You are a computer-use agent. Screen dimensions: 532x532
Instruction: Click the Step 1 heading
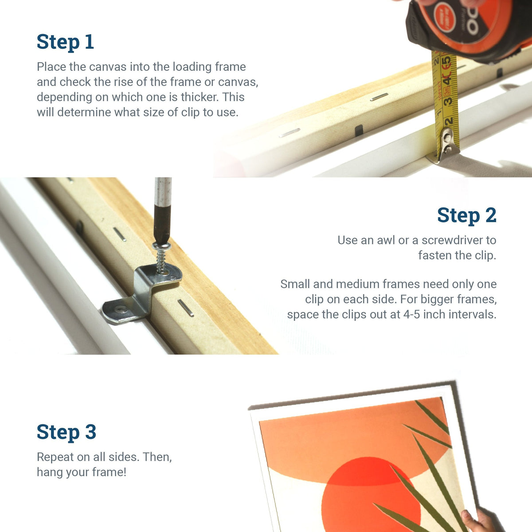pyautogui.click(x=65, y=42)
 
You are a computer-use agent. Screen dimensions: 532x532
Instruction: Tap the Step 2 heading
pyautogui.click(x=466, y=215)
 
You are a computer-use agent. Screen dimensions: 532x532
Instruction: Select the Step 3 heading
pyautogui.click(x=66, y=432)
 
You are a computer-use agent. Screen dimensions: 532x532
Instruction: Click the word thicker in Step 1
pyautogui.click(x=194, y=97)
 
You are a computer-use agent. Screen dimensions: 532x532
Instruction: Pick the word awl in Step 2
pyautogui.click(x=386, y=240)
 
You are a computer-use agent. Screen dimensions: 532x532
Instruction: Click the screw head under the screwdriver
pyautogui.click(x=160, y=246)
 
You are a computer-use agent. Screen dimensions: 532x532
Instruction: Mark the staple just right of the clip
pyautogui.click(x=186, y=308)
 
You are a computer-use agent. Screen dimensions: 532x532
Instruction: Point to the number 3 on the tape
pyautogui.click(x=449, y=102)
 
